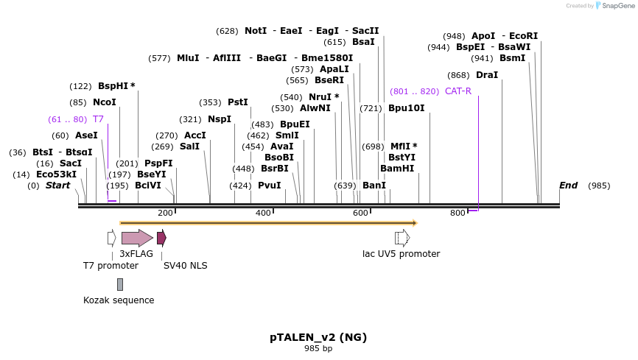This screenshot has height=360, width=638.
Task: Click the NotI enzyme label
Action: [x=256, y=31]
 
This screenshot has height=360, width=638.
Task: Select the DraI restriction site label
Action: [x=487, y=75]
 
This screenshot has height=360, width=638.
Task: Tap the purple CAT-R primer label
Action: [x=458, y=91]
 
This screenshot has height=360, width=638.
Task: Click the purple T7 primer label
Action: [x=97, y=119]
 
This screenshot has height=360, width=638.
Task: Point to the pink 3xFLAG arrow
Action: [x=137, y=238]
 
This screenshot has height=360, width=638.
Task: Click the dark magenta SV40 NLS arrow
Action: [x=161, y=238]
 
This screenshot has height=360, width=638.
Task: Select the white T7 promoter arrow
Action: [x=111, y=238]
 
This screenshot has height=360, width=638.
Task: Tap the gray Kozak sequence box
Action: [x=120, y=284]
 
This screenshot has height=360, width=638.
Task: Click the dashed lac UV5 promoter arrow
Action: [x=402, y=238]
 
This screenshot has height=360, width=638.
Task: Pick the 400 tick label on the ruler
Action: [x=263, y=213]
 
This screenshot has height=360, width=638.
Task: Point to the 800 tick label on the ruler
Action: [x=458, y=213]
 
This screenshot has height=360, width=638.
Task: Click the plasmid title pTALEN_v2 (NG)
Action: [x=318, y=337]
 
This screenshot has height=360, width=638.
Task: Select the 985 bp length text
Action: [x=318, y=349]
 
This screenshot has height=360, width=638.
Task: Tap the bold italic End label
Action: [x=568, y=186]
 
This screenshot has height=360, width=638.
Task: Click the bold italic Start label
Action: [x=57, y=186]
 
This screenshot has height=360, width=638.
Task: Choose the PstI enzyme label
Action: [x=237, y=102]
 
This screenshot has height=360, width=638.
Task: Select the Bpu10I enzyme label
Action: [x=406, y=108]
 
